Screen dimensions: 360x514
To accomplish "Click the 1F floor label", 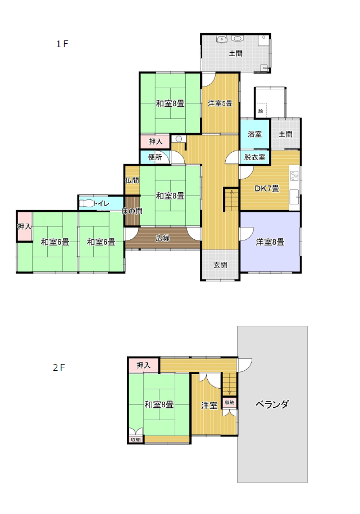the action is (62, 44).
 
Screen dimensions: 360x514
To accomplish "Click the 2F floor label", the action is (59, 367).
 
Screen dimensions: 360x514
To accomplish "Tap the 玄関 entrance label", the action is (220, 265).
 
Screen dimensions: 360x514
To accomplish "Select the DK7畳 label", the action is (267, 189).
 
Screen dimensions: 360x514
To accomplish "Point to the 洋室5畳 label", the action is (220, 103).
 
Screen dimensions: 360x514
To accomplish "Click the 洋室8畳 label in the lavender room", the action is (270, 242).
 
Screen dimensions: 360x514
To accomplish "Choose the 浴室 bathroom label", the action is (255, 134).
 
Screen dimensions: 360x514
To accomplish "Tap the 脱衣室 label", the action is (255, 157).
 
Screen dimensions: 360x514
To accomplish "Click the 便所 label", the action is (155, 157).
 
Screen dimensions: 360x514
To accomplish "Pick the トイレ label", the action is (101, 203).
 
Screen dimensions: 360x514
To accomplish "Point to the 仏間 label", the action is (132, 180).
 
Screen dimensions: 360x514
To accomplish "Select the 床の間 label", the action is (132, 211).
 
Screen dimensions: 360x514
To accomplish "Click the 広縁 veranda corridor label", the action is (163, 238).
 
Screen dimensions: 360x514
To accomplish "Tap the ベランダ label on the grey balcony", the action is (272, 404).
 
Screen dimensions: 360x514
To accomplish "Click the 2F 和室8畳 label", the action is (159, 404).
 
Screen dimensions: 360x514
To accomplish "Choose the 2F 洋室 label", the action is (209, 406).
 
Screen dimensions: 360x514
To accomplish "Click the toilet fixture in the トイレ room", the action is (86, 203).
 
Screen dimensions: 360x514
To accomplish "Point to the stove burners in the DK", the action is (294, 176).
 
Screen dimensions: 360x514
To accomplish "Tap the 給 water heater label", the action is (261, 111).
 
